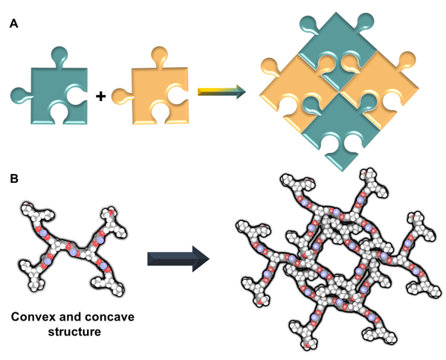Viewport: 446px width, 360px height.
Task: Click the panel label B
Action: pos(14,180)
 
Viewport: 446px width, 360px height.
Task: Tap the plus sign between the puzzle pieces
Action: pos(100,95)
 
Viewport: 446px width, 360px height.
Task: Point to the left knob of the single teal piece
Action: pos(17,94)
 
